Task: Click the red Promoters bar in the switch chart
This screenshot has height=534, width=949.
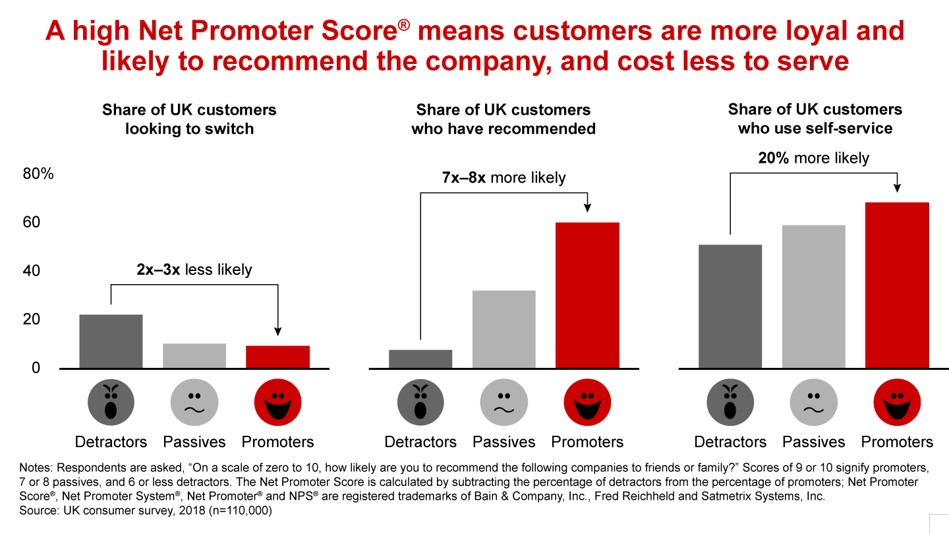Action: (277, 357)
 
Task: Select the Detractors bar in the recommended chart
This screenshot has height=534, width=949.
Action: (420, 359)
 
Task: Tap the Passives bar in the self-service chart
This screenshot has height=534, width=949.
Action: (813, 297)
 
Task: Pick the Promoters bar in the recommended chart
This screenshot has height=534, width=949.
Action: (587, 295)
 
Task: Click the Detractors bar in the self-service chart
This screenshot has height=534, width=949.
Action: (730, 307)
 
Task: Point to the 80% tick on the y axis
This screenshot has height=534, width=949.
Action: (38, 174)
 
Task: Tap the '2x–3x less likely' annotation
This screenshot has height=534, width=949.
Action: (194, 269)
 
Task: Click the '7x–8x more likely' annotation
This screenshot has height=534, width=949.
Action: (503, 177)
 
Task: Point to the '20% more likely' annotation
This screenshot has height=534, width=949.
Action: (814, 158)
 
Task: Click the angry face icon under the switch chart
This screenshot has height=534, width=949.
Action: (111, 404)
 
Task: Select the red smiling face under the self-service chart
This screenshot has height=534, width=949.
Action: (897, 404)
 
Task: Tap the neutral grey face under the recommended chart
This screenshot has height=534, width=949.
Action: (503, 404)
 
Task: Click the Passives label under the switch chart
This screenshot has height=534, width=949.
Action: (194, 442)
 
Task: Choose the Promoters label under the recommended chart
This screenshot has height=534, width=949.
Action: (587, 442)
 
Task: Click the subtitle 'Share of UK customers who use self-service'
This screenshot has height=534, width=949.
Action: (815, 119)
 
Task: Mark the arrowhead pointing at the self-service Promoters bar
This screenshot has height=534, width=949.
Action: (897, 188)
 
